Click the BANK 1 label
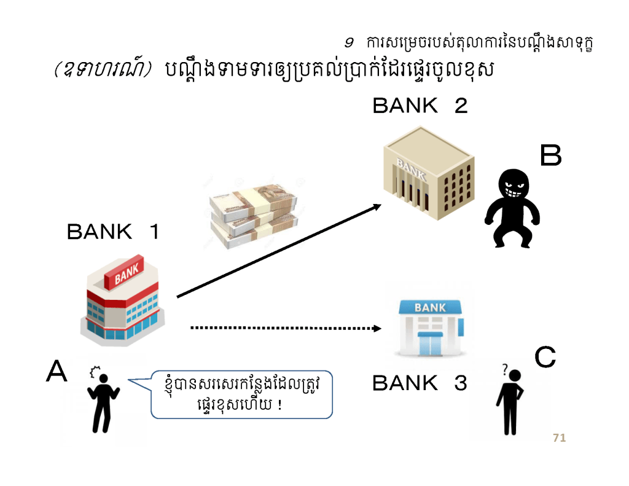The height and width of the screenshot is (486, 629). pos(113,232)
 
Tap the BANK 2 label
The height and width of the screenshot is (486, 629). pos(420,106)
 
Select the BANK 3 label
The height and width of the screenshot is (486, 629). pos(420,383)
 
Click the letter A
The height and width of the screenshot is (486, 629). pos(57,371)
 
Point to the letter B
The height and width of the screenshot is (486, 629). pos(550,156)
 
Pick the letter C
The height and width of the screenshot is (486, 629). pos(545,357)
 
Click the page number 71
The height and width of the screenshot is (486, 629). pos(559,438)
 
